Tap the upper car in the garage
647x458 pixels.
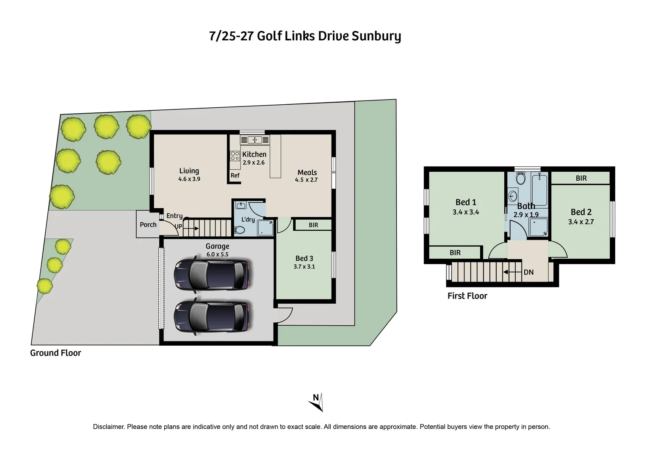211,275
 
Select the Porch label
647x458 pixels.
148,225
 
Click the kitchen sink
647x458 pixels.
254,140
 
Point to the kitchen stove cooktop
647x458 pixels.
235,156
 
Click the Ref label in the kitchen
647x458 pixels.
235,176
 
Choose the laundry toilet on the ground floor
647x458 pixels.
240,230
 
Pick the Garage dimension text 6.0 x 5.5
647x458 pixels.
217,254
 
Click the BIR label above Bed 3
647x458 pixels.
313,225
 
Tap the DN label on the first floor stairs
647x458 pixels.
528,272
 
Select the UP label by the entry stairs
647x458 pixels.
179,226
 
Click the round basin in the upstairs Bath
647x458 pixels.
513,196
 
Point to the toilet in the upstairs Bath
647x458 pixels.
520,178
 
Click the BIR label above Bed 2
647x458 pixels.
581,179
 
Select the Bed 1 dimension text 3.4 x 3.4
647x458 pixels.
465,212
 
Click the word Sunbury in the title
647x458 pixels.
376,36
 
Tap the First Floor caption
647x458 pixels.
467,296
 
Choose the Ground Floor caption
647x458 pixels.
55,353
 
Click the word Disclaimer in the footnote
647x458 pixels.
108,427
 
